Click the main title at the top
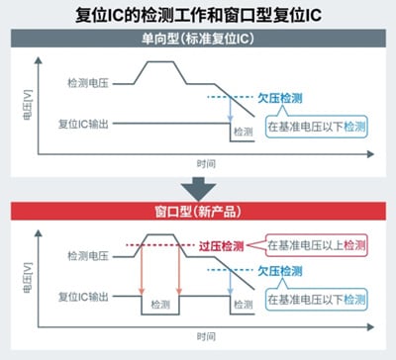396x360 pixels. click(198, 14)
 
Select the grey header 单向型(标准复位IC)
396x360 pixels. click(198, 39)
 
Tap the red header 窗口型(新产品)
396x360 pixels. click(198, 210)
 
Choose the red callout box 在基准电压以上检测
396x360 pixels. click(317, 243)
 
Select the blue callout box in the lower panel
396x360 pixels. click(317, 295)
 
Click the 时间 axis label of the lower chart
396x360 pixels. click(205, 335)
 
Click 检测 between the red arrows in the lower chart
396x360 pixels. click(160, 308)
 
